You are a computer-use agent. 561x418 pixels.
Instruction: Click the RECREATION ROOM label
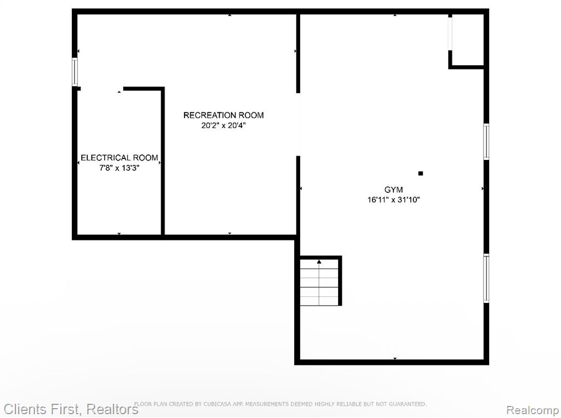224,115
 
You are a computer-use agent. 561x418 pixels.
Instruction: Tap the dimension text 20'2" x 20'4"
224,125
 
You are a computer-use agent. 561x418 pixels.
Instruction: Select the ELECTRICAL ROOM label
119,158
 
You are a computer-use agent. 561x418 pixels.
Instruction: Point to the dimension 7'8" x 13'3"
119,168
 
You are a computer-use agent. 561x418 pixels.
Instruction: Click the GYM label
393,190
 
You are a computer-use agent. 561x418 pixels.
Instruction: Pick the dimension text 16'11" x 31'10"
393,200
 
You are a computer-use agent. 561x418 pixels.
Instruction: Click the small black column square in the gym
421,174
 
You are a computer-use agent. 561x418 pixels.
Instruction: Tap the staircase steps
319,282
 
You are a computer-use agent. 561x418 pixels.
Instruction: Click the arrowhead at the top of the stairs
319,262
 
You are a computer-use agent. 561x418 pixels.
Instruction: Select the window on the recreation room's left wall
75,72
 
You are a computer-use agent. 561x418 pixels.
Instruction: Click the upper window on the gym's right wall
486,141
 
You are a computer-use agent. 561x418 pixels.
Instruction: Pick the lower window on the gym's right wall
486,278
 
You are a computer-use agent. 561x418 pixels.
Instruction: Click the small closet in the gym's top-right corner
468,40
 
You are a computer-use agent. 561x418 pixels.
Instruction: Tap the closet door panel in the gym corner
450,33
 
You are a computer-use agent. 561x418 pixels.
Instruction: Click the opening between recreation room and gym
298,124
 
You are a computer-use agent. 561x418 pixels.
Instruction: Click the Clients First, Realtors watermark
71,409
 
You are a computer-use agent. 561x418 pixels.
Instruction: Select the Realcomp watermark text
533,410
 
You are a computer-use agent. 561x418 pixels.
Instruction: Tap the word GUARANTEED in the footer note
408,404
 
